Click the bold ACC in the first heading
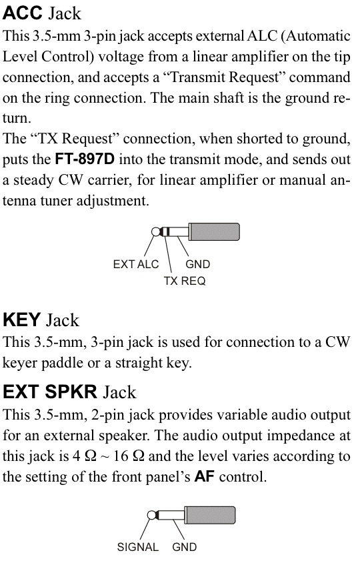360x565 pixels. pos(22,13)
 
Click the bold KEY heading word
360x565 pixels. pos(21,320)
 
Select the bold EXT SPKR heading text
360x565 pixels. pos(50,392)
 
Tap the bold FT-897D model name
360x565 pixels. pos(85,159)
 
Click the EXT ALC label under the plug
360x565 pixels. pos(136,264)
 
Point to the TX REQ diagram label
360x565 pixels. pos(185,281)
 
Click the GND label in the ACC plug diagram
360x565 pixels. pos(197,264)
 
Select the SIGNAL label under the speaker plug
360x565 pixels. pos(138,547)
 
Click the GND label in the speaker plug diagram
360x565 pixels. pos(184,547)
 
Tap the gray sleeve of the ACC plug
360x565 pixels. pos(214,231)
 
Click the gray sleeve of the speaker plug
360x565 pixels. pos(210,515)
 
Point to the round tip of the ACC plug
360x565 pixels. pos(156,231)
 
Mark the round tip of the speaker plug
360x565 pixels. pos(151,515)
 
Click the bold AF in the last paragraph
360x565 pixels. pos(204,477)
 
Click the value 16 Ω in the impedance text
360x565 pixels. pos(129,456)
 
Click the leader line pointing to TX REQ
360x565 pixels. pos(168,253)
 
